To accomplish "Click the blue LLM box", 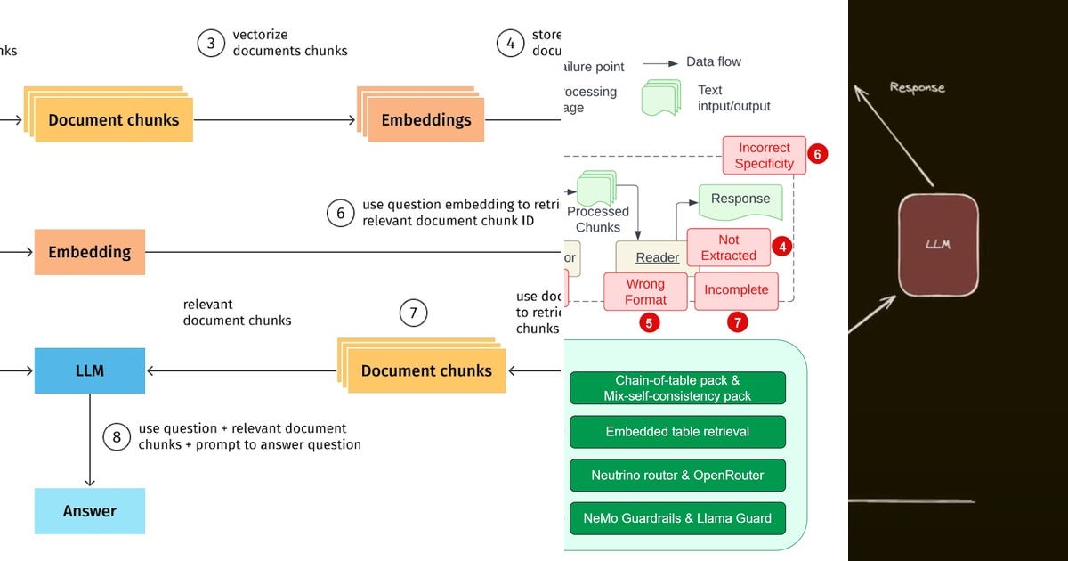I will pos(89,370).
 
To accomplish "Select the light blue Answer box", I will pos(89,511).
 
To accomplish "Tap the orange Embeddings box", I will pos(426,120).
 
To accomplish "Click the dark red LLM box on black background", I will pos(937,245).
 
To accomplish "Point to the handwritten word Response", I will pos(917,87).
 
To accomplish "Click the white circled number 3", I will pos(211,43).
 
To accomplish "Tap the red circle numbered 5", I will pos(650,322).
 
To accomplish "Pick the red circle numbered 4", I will pos(781,246).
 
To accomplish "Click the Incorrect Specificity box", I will pos(764,156).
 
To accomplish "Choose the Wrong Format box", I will pos(645,291).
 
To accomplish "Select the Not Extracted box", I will pos(728,247).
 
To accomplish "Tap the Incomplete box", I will pos(736,290).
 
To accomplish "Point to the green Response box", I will pos(740,200).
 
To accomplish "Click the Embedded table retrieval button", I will pos(677,432).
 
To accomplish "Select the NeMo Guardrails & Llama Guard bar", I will pos(677,517).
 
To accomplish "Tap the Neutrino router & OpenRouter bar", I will pos(677,475).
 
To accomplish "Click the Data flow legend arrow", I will pos(659,63).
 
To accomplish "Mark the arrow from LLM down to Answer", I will pos(89,440).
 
